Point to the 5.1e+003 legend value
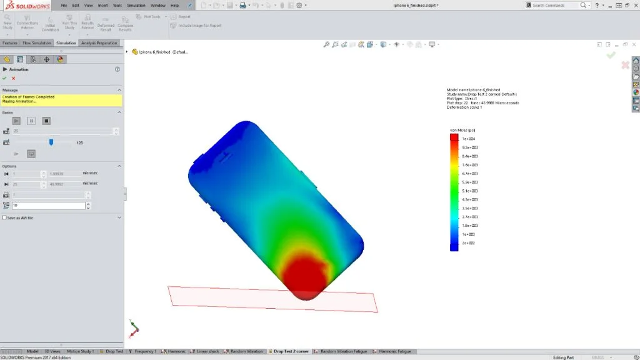coord(469,191)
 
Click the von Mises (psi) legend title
coord(462,130)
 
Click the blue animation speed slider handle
coord(51,142)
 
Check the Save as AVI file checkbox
coord(5,217)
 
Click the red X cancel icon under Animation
coord(13,78)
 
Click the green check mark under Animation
coord(5,78)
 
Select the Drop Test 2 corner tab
coord(290,351)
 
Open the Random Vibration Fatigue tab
coord(343,351)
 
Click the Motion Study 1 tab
coord(80,351)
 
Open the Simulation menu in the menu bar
coord(136,5)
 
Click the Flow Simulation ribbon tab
coord(36,43)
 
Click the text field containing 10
coord(47,206)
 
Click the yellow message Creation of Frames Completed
coord(29,97)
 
